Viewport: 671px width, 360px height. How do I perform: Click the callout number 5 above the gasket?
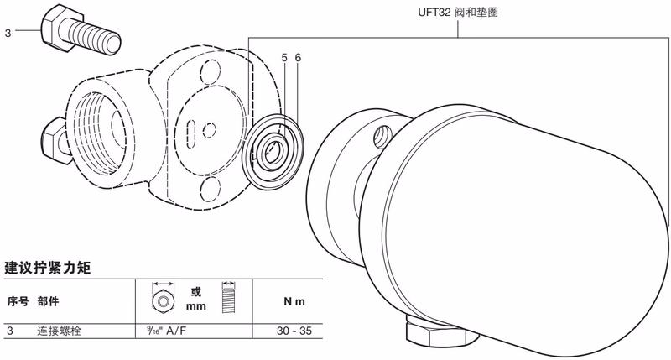click(284, 58)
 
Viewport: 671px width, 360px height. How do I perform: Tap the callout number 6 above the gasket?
click(298, 58)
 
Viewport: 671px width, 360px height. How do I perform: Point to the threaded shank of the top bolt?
click(100, 39)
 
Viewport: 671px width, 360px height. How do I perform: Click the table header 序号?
click(18, 300)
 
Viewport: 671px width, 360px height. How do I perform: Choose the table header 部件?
click(47, 300)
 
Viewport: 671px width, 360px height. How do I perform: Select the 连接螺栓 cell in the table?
click(63, 331)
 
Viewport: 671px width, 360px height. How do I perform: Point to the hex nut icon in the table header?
click(159, 299)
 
